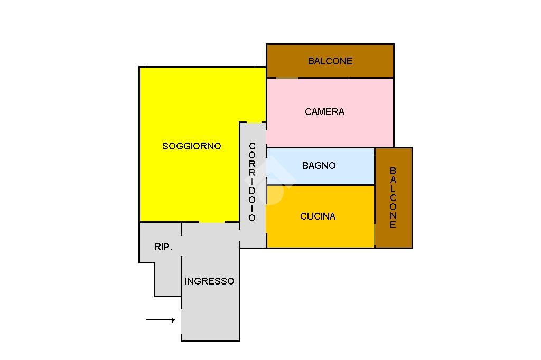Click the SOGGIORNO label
(191, 146)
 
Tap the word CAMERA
(324, 112)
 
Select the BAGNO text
(319, 166)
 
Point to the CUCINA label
(318, 216)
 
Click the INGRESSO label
(209, 281)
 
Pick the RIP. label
(163, 247)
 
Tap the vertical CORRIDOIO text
(252, 182)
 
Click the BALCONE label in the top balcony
(330, 61)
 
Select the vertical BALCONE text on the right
(393, 197)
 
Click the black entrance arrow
(161, 320)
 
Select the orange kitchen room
(343, 232)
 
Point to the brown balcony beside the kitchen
(394, 232)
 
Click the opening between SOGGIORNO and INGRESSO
(212, 222)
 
